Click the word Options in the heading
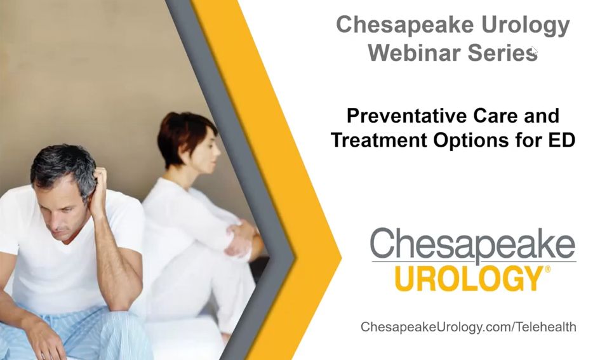(x=471, y=140)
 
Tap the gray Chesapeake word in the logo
(x=473, y=243)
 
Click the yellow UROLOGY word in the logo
(x=469, y=279)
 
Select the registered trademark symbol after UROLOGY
(x=547, y=269)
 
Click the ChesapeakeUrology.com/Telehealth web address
(x=469, y=327)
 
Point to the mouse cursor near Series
(x=535, y=51)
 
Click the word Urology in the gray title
(x=525, y=25)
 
